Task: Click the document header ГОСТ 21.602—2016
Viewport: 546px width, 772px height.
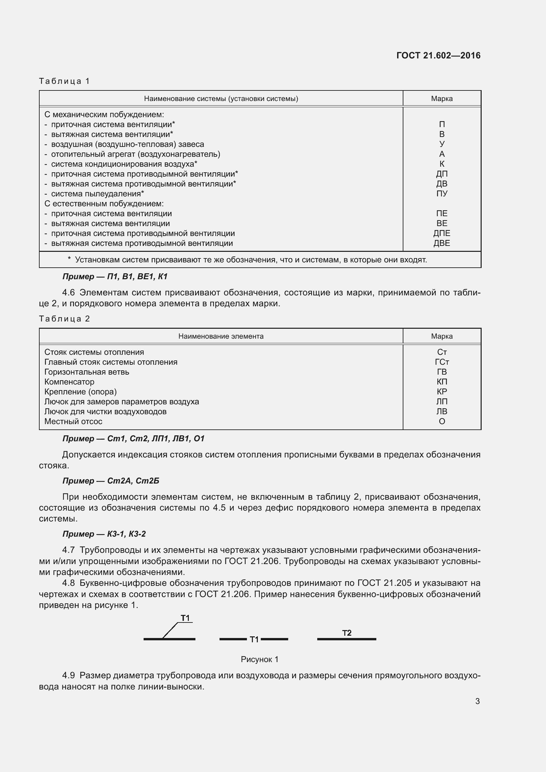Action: [x=438, y=55]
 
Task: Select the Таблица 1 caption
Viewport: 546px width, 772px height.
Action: [x=64, y=81]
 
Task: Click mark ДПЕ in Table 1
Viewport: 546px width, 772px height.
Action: [x=441, y=233]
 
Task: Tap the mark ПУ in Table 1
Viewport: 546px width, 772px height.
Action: [x=441, y=194]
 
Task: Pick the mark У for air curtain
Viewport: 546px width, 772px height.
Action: [x=442, y=144]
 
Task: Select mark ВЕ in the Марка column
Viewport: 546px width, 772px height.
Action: [x=441, y=223]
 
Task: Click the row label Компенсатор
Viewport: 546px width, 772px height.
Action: [x=69, y=382]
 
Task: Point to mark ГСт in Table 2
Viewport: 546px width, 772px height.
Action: [x=441, y=362]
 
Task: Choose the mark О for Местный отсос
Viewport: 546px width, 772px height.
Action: [x=442, y=421]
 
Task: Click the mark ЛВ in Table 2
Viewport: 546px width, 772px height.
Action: [x=441, y=412]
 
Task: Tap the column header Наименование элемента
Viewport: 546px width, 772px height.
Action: [x=221, y=336]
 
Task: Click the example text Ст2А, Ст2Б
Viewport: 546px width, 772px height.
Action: [x=133, y=481]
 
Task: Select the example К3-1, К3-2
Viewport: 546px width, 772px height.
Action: [x=126, y=534]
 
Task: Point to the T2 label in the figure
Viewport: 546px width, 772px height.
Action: [x=347, y=633]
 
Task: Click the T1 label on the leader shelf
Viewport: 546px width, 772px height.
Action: [x=185, y=618]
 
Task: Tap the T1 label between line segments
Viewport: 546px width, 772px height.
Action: [x=254, y=640]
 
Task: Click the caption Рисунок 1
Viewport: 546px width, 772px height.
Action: [x=259, y=659]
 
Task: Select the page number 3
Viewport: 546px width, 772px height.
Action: [x=477, y=701]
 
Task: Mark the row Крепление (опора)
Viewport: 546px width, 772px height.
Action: [x=80, y=392]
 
